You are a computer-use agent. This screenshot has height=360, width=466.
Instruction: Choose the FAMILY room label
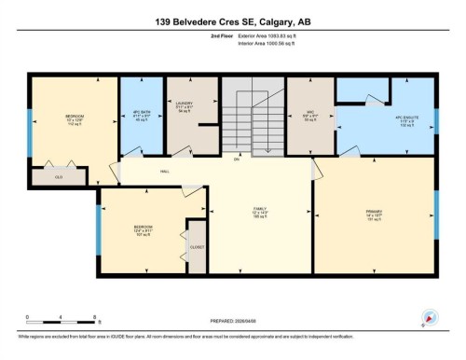click(x=260, y=209)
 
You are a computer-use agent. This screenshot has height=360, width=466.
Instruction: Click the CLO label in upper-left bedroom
click(x=58, y=174)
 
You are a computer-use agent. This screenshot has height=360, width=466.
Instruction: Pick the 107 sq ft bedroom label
click(x=144, y=230)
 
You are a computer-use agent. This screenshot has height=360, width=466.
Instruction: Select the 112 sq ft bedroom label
click(x=75, y=120)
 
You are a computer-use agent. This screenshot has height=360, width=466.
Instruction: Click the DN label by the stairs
click(x=238, y=159)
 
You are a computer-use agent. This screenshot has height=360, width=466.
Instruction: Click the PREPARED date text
click(x=232, y=314)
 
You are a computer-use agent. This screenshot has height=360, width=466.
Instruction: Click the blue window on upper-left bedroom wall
click(x=30, y=118)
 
